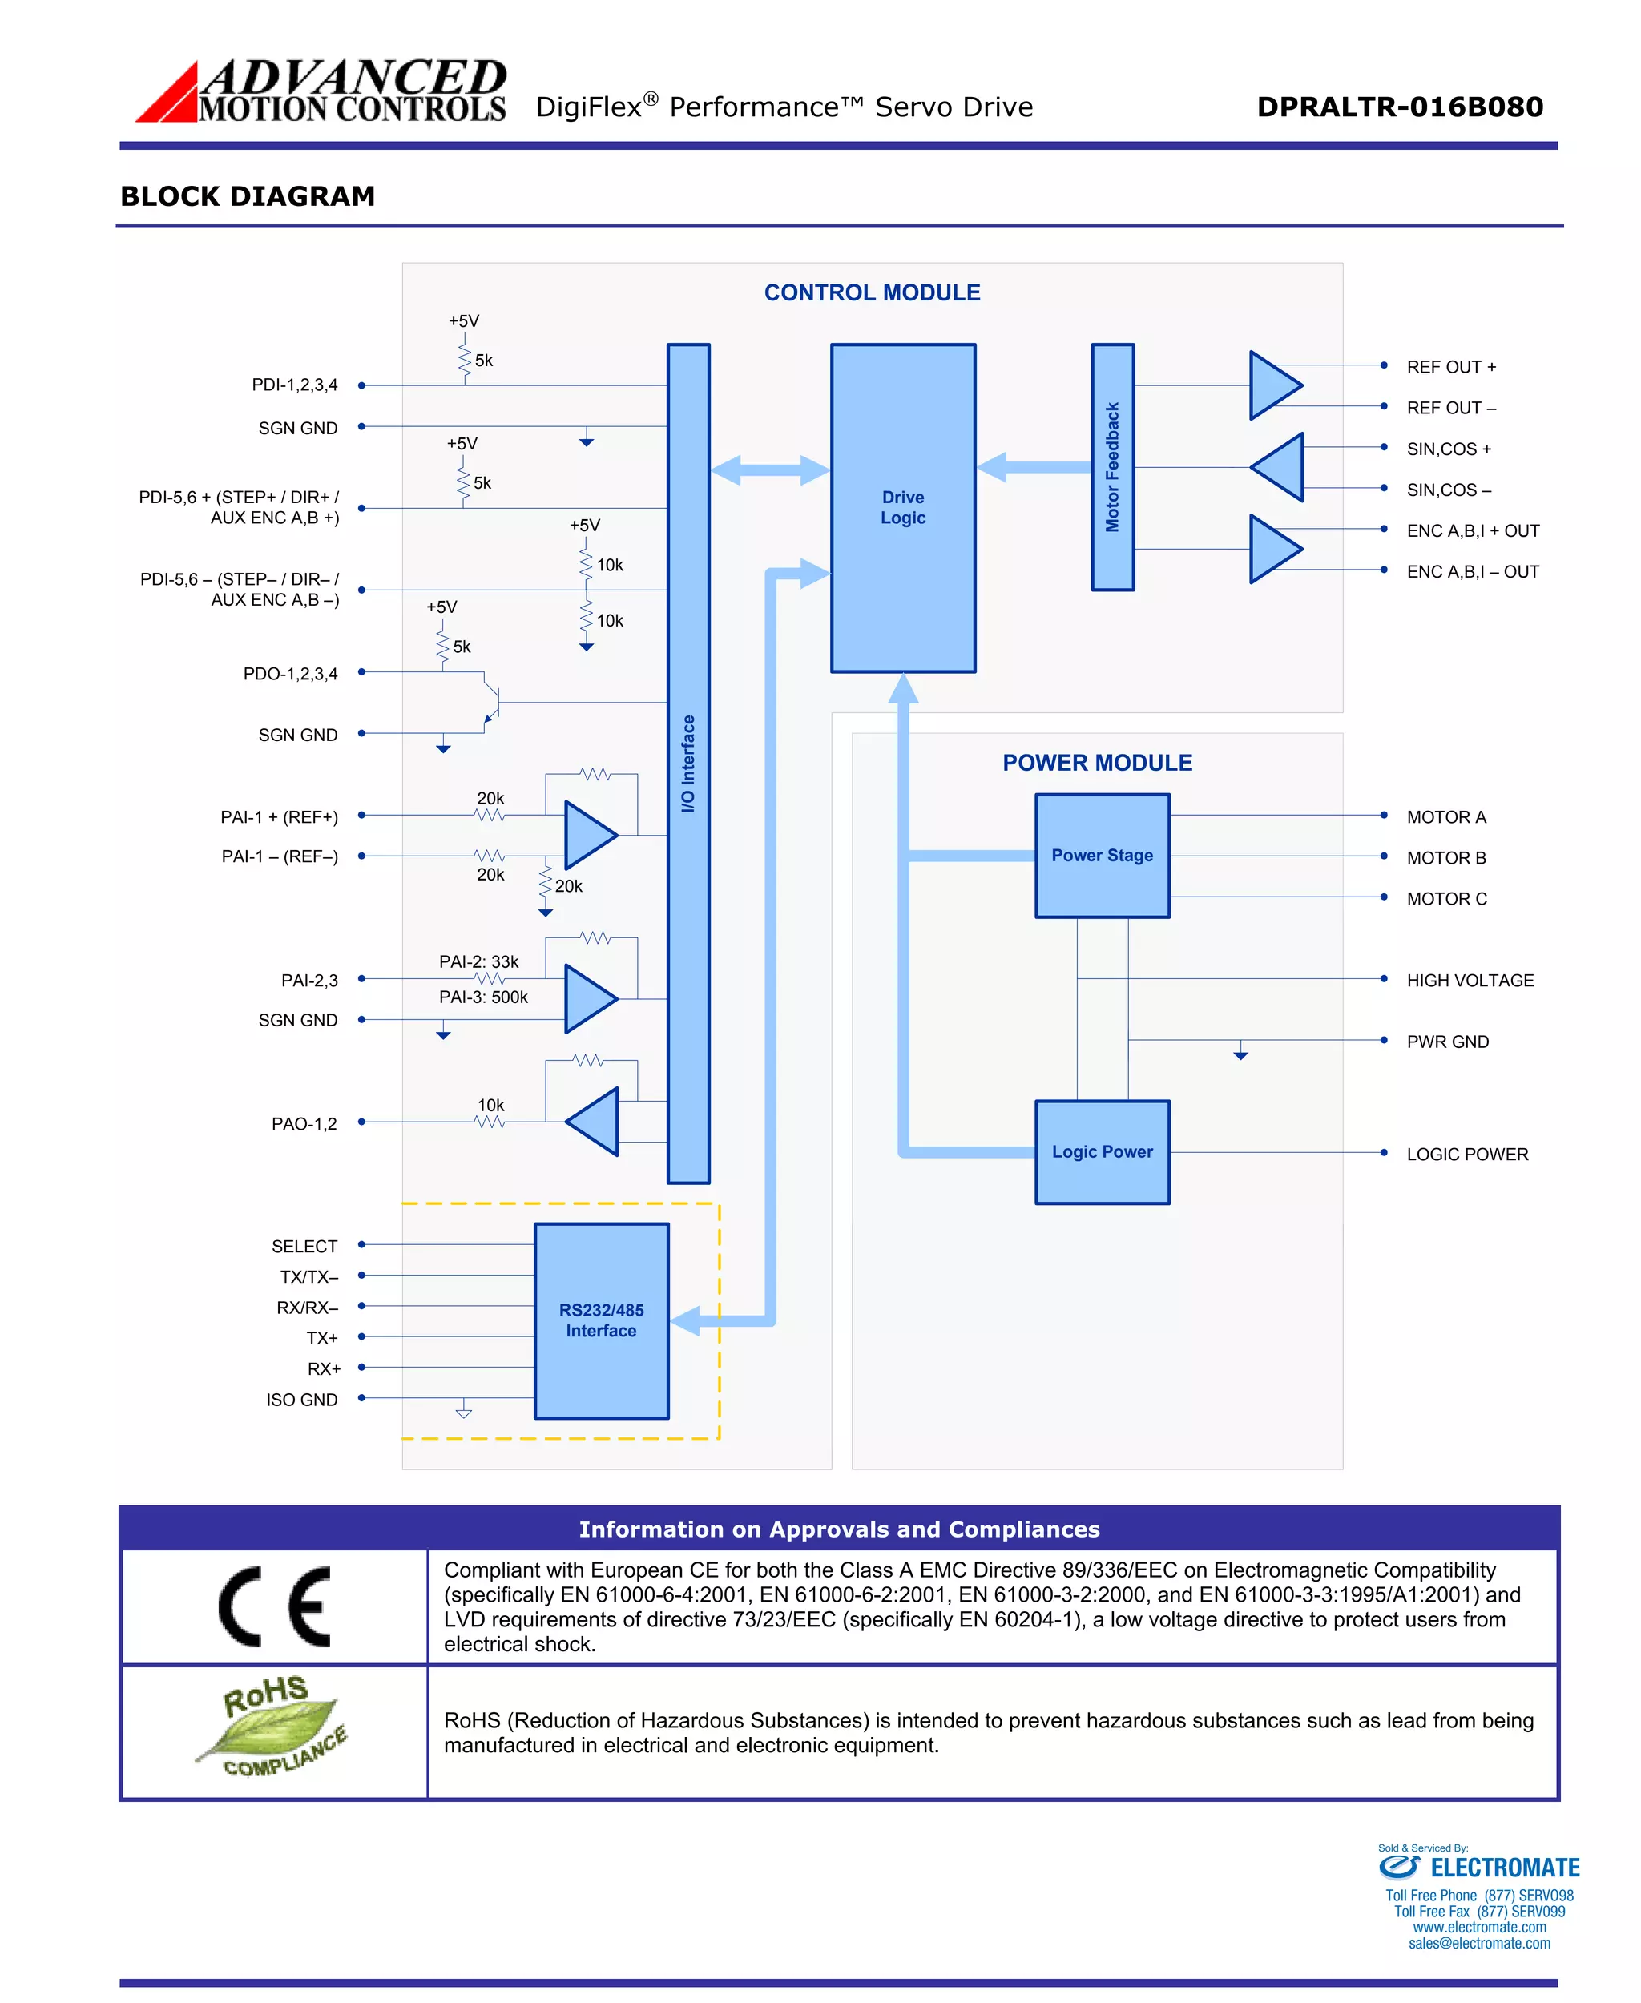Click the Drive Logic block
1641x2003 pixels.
pyautogui.click(x=903, y=508)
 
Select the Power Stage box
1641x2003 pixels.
pyautogui.click(x=1103, y=856)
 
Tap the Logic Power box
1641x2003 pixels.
pyautogui.click(x=1103, y=1151)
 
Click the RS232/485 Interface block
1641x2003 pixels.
pyautogui.click(x=601, y=1320)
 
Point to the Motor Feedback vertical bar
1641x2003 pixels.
pyautogui.click(x=1113, y=467)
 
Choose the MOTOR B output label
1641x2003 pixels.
pyautogui.click(x=1445, y=858)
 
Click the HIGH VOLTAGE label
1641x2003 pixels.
pyautogui.click(x=1469, y=980)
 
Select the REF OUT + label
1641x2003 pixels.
pyautogui.click(x=1450, y=367)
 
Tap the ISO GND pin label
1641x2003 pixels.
pyautogui.click(x=301, y=1400)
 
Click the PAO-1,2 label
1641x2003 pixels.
pyautogui.click(x=304, y=1124)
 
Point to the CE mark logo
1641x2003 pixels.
pyautogui.click(x=274, y=1607)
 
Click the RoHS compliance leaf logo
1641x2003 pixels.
pyautogui.click(x=273, y=1727)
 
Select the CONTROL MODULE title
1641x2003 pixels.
pyautogui.click(x=872, y=293)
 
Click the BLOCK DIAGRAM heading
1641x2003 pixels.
pyautogui.click(x=248, y=196)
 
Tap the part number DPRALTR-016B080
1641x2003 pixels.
pyautogui.click(x=1399, y=107)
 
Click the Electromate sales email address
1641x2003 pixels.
pyautogui.click(x=1478, y=1944)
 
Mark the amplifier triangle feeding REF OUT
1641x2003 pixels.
pyautogui.click(x=1273, y=385)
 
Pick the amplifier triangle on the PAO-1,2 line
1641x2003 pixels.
pyautogui.click(x=595, y=1121)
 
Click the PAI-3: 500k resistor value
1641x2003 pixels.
pyautogui.click(x=483, y=997)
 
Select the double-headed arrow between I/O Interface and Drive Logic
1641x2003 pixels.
pyautogui.click(x=769, y=470)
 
